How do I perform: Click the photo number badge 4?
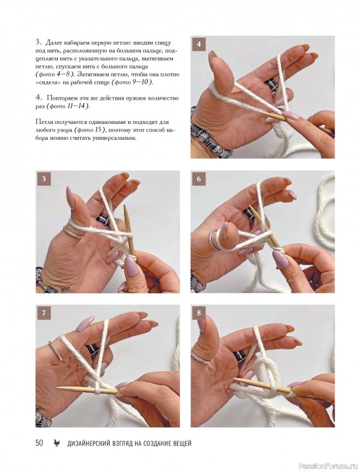point(199,44)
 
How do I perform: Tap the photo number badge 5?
point(44,179)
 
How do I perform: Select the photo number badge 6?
point(199,179)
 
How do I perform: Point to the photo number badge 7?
point(44,313)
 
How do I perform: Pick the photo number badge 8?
point(199,313)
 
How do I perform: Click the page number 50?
point(39,443)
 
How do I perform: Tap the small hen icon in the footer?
point(57,443)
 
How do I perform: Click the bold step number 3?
point(38,42)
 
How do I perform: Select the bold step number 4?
point(39,97)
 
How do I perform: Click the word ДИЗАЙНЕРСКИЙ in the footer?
point(87,443)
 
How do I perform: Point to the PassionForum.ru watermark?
point(333,467)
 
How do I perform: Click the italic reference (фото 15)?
point(90,130)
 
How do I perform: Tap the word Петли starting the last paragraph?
point(43,122)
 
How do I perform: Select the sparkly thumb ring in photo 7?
point(55,350)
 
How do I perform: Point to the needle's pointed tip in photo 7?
point(58,388)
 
